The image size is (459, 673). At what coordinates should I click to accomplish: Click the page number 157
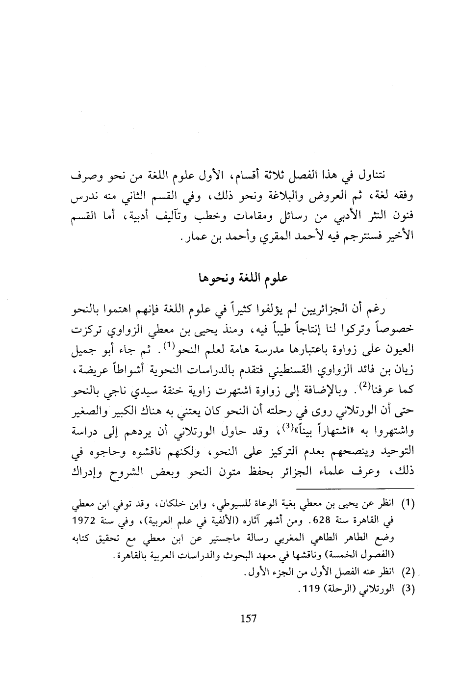tap(249, 619)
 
